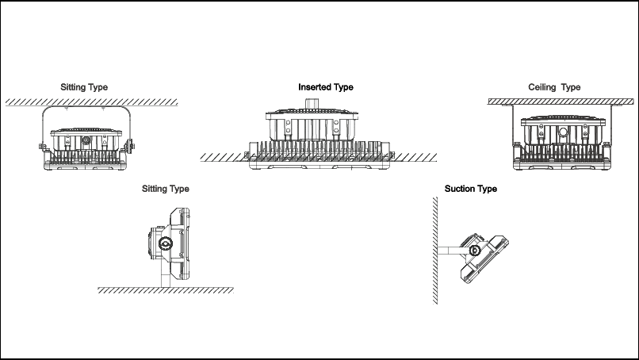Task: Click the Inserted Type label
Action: point(326,87)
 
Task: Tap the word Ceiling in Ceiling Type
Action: point(542,87)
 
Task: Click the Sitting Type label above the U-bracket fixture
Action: point(84,87)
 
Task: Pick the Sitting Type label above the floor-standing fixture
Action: point(166,189)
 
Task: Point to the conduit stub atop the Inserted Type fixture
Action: point(312,105)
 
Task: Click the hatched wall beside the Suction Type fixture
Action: point(435,251)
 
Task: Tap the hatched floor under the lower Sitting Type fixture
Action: point(166,290)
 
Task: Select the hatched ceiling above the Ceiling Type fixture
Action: point(561,101)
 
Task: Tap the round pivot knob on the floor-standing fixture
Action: point(166,243)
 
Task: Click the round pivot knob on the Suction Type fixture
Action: point(474,250)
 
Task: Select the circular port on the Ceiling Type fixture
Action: point(563,132)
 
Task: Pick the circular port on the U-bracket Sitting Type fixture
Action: point(86,140)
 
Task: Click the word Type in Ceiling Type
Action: point(571,88)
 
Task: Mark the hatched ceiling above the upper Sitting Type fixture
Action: point(92,101)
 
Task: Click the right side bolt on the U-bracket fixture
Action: point(131,146)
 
